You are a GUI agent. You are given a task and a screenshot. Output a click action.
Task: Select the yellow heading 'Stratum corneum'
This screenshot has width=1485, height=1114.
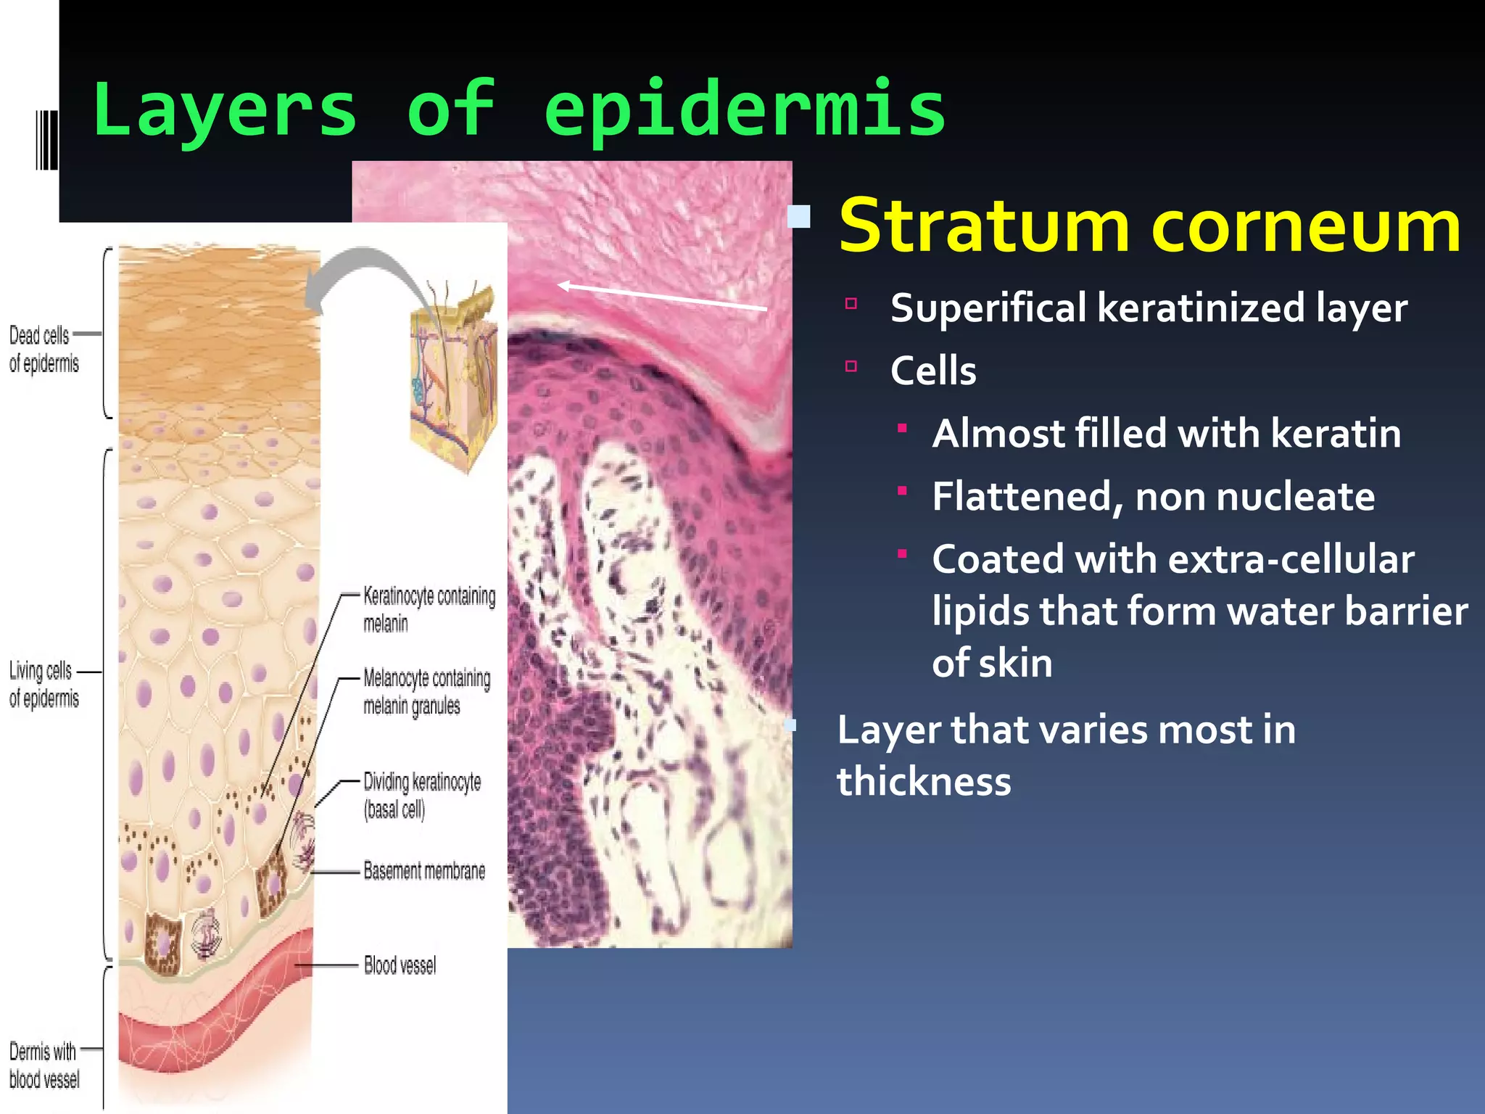pyautogui.click(x=1149, y=226)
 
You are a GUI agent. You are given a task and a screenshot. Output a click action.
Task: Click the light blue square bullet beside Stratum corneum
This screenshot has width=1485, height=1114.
pyautogui.click(x=799, y=217)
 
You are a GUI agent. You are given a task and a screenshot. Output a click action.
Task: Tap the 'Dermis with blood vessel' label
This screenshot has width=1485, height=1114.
pyautogui.click(x=44, y=1065)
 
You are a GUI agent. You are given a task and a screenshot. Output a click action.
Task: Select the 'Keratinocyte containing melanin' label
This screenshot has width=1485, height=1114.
pyautogui.click(x=429, y=609)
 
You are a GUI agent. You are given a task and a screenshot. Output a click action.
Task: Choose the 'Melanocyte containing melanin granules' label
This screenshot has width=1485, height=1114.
pyautogui.click(x=426, y=691)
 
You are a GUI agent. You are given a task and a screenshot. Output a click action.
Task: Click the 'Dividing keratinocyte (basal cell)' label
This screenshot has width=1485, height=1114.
pyautogui.click(x=421, y=795)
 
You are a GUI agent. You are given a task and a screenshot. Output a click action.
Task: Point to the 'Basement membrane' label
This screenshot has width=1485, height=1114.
pyautogui.click(x=424, y=870)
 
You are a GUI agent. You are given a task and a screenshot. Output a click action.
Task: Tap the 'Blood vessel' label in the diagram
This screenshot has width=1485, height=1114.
pyautogui.click(x=400, y=965)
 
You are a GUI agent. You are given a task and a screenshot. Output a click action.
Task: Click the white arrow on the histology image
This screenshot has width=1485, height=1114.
pyautogui.click(x=661, y=297)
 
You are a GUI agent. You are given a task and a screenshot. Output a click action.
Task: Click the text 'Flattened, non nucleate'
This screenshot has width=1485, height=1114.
pyautogui.click(x=1153, y=497)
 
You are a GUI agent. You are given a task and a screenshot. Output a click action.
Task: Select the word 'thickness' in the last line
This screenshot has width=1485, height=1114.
pyautogui.click(x=924, y=781)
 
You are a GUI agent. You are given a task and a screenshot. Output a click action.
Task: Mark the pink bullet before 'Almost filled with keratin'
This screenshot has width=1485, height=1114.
pyautogui.click(x=902, y=428)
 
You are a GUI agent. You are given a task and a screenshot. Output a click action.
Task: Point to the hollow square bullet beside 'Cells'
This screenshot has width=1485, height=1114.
pyautogui.click(x=851, y=366)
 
